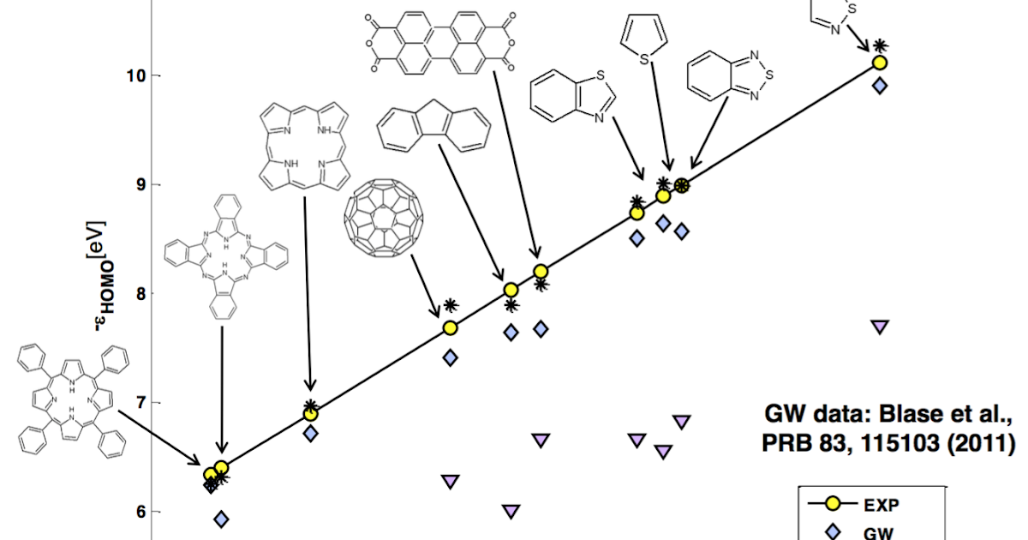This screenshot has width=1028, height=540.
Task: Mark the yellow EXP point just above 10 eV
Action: [879, 63]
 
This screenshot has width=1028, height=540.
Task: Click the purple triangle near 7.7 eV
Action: [879, 326]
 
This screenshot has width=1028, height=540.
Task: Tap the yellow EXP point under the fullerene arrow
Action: [450, 327]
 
